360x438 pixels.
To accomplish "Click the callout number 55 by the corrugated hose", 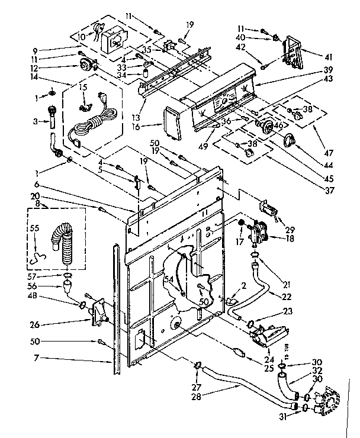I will [34, 227].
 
